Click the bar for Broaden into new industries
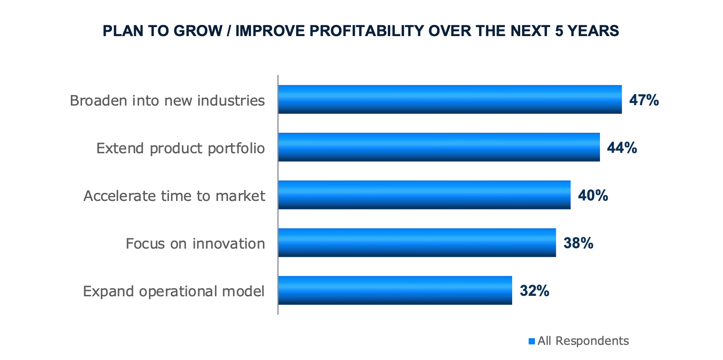pos(450,99)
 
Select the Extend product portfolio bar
pos(439,147)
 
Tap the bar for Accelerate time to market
pos(424,195)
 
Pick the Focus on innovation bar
pos(417,242)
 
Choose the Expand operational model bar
pos(395,290)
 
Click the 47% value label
pos(644,100)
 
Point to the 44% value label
pos(622,148)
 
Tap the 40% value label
pos(593,196)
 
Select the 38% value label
pos(578,243)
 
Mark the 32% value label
pos(534,291)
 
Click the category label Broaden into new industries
pos(167,101)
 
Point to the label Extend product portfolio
pos(181,148)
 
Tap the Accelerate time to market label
pos(174,196)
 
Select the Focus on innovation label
pos(195,244)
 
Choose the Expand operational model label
pos(174,291)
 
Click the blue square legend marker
pos(531,341)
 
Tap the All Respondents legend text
pos(583,341)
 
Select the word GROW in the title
pos(197,31)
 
